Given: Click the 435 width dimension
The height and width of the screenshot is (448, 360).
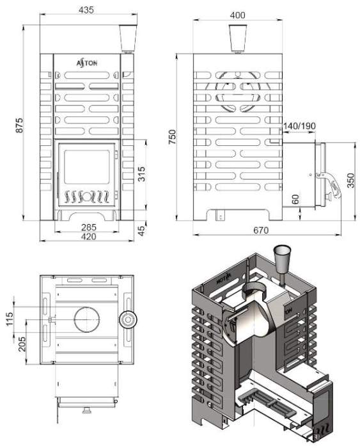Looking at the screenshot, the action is (x=86, y=10).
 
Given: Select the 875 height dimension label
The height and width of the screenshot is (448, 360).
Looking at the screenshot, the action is (x=19, y=125).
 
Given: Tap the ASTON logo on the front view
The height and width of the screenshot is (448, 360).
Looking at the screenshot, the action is (x=87, y=63).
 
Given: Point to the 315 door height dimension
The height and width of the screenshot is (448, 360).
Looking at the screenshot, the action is (x=141, y=174).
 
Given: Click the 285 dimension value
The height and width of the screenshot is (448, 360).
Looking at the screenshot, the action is (x=89, y=227).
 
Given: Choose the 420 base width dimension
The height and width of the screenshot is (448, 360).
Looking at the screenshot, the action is (x=88, y=237).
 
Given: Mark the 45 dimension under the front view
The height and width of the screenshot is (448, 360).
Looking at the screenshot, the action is (x=141, y=231).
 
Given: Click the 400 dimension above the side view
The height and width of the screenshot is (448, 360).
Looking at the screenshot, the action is (x=237, y=15).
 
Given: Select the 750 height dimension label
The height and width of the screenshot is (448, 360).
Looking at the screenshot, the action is (x=172, y=137).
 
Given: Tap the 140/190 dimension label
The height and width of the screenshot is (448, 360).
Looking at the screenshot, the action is (x=299, y=125).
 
